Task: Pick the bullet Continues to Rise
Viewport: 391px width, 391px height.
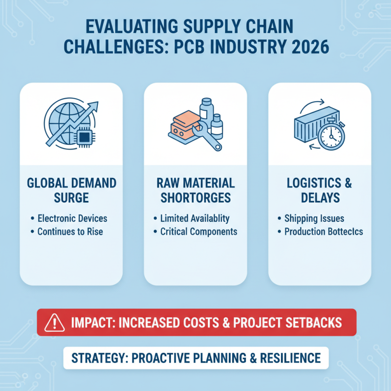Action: (x=70, y=231)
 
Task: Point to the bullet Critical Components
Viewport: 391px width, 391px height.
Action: (x=198, y=231)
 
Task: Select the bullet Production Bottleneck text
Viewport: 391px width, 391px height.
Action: (x=324, y=231)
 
